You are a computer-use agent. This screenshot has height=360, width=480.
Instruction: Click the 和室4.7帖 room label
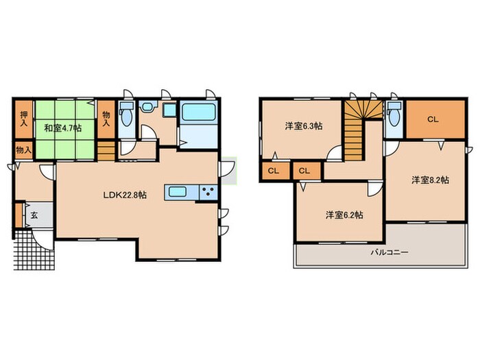tap(63, 128)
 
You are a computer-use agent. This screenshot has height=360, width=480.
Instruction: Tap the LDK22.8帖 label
tap(125, 195)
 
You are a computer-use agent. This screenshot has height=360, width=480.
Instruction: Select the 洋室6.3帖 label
tap(304, 125)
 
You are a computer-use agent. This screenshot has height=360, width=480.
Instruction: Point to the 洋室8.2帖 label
tap(430, 180)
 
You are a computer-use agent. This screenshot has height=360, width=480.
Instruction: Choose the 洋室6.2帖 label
tap(344, 215)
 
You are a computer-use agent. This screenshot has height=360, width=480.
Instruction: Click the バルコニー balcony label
tap(389, 252)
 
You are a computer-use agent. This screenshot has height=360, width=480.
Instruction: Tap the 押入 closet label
tap(23, 119)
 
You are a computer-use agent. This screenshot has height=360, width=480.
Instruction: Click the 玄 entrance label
tap(34, 215)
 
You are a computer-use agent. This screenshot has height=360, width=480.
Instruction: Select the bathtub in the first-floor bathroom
tap(199, 112)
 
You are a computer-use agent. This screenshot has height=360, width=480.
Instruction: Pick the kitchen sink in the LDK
tap(178, 193)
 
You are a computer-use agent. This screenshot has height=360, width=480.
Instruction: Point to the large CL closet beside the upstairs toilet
tap(435, 119)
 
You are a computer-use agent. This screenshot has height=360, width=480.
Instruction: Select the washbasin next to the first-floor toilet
tap(148, 106)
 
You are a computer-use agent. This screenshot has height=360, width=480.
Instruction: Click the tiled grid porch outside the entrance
tap(34, 250)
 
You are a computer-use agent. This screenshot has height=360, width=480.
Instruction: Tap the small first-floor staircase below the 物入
tap(106, 151)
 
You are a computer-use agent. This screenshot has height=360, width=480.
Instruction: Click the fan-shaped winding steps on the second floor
tap(363, 110)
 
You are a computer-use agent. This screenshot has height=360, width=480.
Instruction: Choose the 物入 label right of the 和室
tap(106, 119)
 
